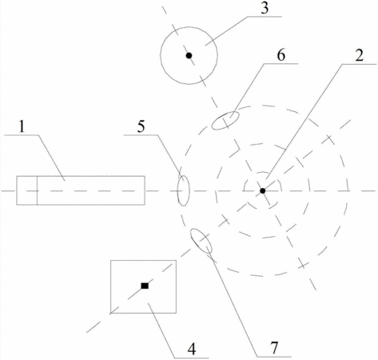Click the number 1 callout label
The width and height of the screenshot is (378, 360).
[22, 126]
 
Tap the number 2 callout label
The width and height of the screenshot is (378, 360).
[359, 55]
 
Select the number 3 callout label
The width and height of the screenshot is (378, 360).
[264, 8]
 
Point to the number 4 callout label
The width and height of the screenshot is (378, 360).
[192, 349]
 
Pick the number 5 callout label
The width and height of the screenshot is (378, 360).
[141, 126]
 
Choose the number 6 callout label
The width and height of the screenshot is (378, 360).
[281, 55]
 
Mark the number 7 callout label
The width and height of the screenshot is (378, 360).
[274, 347]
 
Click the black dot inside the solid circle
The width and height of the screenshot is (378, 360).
[189, 55]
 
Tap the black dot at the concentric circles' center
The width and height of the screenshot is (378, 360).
[263, 190]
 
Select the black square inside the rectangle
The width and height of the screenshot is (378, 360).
[145, 286]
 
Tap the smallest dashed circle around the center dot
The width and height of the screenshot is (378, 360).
[281, 186]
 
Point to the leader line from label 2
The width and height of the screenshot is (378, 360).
[304, 122]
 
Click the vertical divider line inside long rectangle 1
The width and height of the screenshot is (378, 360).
[38, 190]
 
